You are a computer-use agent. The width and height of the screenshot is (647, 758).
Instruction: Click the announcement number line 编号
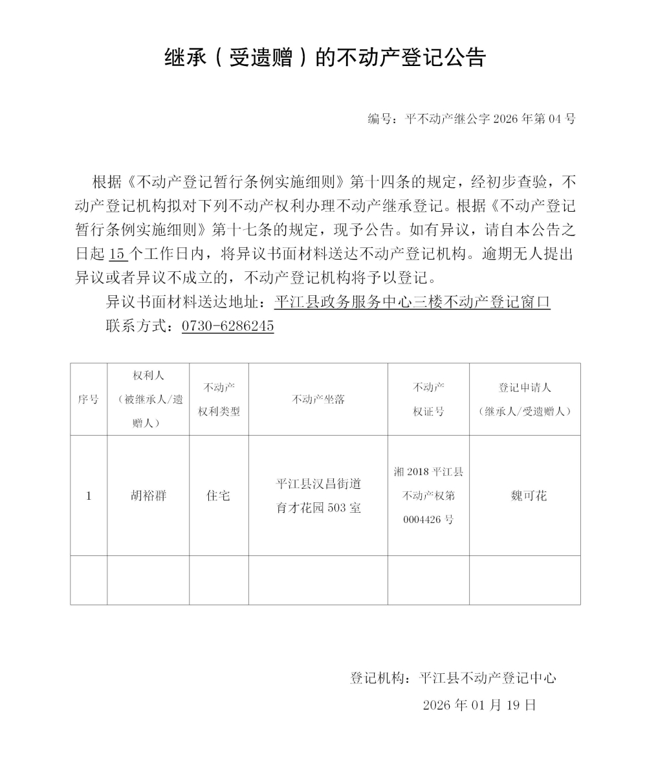[x=471, y=119]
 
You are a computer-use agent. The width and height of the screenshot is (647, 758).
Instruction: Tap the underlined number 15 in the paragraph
[x=116, y=254]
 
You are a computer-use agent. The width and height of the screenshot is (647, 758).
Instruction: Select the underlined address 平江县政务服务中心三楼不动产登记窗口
[x=412, y=302]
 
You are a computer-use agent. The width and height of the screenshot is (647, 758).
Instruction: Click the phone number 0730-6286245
[x=228, y=326]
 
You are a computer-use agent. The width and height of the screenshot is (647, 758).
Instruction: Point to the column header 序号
[x=89, y=399]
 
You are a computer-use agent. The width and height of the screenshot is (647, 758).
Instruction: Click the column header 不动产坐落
[x=318, y=399]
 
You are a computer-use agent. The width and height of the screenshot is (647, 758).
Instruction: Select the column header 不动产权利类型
[x=219, y=399]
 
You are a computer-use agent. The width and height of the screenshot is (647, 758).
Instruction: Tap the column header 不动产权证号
[x=428, y=399]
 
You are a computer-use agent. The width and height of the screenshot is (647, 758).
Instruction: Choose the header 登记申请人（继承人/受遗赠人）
[x=525, y=399]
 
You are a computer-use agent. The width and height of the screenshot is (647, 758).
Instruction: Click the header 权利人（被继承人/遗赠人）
[x=148, y=399]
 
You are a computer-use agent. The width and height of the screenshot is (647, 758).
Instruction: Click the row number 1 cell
[x=89, y=496]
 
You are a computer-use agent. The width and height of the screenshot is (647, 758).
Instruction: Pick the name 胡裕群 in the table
[x=148, y=496]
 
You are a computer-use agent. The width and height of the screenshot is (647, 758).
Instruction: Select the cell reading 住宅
[x=219, y=496]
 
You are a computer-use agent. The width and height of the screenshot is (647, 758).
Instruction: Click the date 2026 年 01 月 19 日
[x=479, y=705]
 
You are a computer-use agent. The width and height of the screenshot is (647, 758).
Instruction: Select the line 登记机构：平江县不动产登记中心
[x=453, y=678]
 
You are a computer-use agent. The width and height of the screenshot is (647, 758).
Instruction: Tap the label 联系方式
[x=136, y=326]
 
